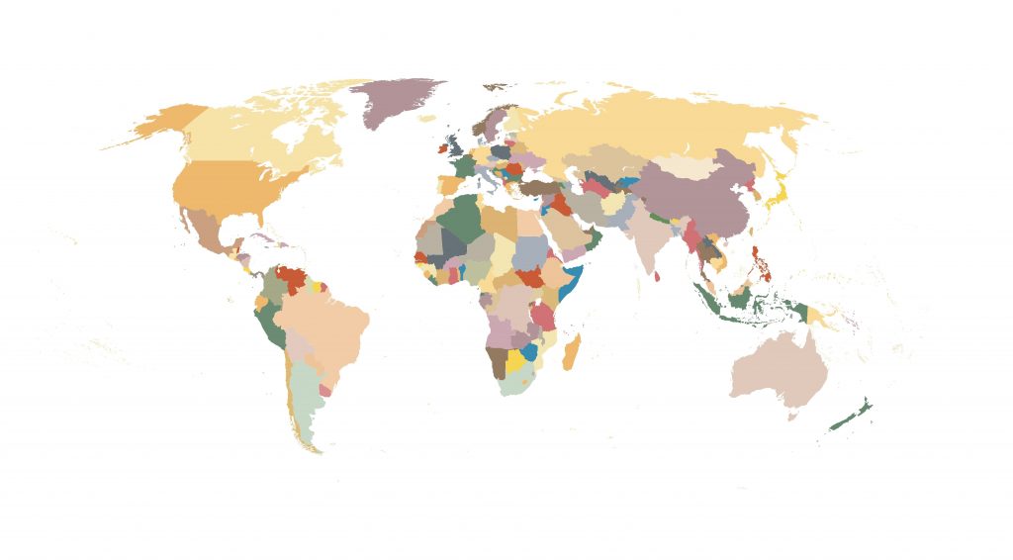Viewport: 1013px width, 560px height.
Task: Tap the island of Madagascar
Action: coord(572,352)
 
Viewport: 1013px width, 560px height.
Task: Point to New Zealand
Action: coord(849,417)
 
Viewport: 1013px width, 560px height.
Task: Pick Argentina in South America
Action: coord(307,406)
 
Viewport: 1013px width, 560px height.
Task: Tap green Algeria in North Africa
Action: coord(458,218)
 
